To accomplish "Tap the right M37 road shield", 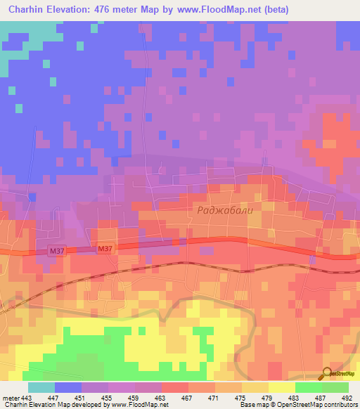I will coord(105,249).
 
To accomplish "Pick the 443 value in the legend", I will coord(27,397).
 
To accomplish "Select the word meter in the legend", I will coord(10,397).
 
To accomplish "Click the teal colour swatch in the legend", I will coord(41,387).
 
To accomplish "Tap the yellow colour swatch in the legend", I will coord(281,387).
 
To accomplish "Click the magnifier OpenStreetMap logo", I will coord(327,374).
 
